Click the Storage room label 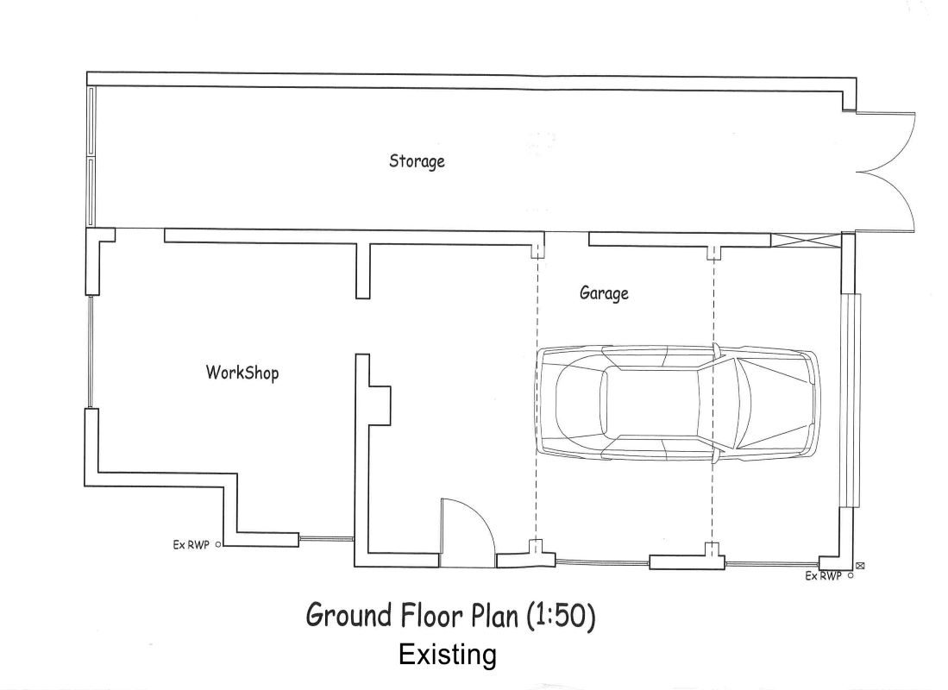[x=417, y=161]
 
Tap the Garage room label [x=604, y=293]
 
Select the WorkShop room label [x=242, y=372]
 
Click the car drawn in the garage [x=678, y=403]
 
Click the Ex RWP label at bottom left [x=191, y=545]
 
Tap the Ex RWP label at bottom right [x=823, y=576]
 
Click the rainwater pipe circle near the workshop [x=218, y=545]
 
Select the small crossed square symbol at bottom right [x=860, y=566]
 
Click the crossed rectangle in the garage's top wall [x=806, y=240]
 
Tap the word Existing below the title [x=448, y=655]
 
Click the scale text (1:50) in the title [x=561, y=616]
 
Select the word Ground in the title [x=348, y=616]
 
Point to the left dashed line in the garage [x=537, y=399]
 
